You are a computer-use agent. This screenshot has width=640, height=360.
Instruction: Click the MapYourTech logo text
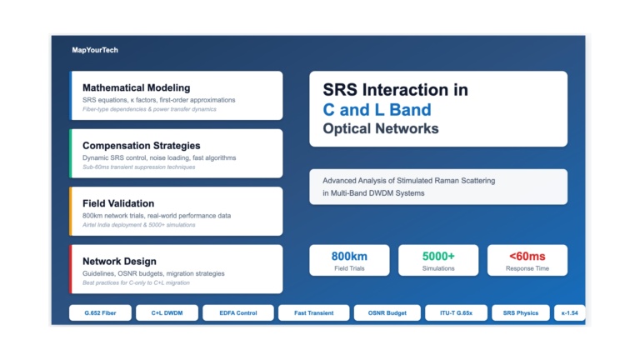(x=95, y=50)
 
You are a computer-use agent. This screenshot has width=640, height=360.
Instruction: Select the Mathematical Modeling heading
(x=136, y=87)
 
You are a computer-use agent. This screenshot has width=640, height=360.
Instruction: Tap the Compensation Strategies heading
(x=141, y=146)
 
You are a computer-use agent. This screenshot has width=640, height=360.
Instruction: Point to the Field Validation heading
(x=118, y=203)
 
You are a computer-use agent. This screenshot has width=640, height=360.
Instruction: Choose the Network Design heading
(x=119, y=261)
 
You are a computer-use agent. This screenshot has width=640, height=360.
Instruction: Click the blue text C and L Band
(x=377, y=109)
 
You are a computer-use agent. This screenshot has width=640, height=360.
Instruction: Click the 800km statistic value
(x=349, y=257)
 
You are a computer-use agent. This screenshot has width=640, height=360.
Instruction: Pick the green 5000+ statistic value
(x=438, y=257)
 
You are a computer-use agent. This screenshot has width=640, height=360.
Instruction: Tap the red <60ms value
(x=527, y=257)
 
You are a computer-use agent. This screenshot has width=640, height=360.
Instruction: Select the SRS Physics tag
(x=521, y=313)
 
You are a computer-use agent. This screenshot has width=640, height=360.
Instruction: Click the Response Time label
(x=527, y=268)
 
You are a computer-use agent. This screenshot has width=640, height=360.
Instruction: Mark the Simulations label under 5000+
(x=438, y=268)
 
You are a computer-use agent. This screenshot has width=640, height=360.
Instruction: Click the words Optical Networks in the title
(x=380, y=129)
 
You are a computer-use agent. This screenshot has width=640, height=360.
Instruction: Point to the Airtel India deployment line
(x=138, y=225)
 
